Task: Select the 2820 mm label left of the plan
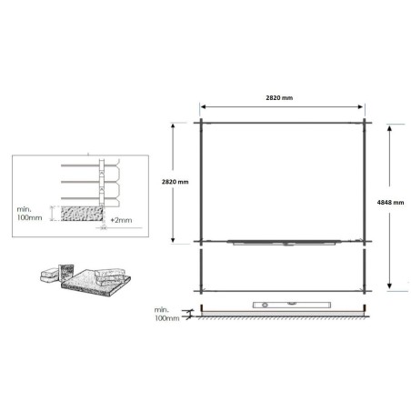174,183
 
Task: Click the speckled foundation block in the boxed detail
75,214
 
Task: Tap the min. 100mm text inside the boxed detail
31,216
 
